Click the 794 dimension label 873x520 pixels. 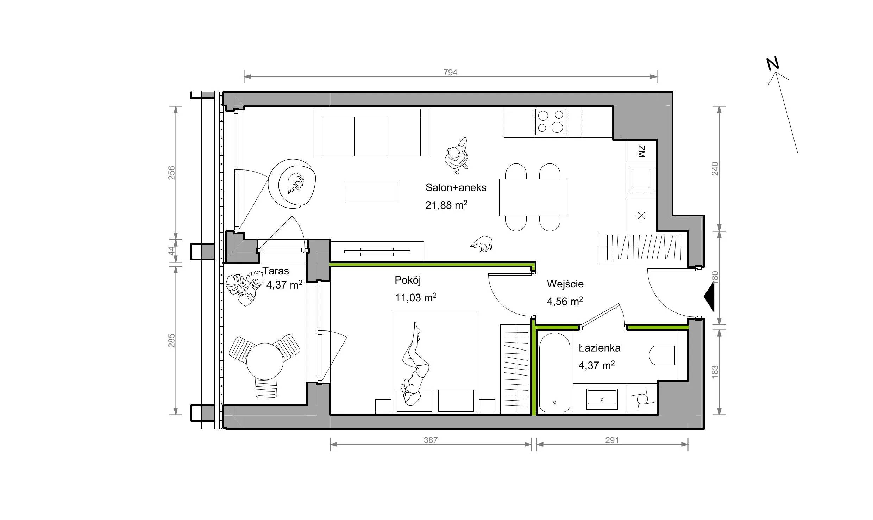[x=450, y=72]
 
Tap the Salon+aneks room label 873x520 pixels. [x=456, y=187]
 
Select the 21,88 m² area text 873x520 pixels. [x=446, y=205]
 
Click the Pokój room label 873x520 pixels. [x=408, y=280]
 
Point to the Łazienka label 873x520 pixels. [x=599, y=348]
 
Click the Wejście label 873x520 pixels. [x=565, y=284]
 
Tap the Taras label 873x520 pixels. [x=276, y=271]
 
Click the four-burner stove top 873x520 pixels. [x=551, y=122]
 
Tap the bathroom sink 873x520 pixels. [x=602, y=399]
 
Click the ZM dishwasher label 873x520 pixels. [x=641, y=151]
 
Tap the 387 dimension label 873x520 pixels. [x=431, y=440]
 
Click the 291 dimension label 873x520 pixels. [x=612, y=440]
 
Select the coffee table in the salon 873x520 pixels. [x=371, y=192]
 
